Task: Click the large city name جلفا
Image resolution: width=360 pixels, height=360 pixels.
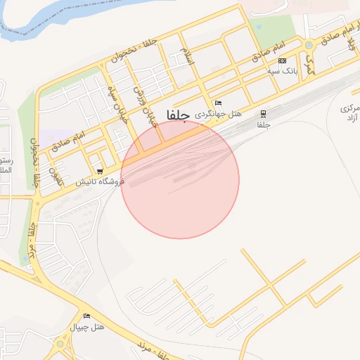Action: (176, 115)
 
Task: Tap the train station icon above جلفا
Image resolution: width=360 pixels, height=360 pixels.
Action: (263, 113)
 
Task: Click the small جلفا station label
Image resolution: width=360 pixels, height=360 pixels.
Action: (263, 124)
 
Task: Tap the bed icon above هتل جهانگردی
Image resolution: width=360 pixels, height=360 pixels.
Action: (218, 103)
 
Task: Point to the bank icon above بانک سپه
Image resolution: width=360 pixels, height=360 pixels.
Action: (283, 61)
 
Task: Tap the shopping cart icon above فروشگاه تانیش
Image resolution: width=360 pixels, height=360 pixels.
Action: (101, 171)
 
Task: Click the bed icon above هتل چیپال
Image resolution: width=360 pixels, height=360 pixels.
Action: (87, 316)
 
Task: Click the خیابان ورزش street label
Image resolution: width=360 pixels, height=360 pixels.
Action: (143, 104)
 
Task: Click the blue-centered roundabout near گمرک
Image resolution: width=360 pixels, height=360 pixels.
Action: (309, 46)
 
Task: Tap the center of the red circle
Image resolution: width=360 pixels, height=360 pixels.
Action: (180, 180)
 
